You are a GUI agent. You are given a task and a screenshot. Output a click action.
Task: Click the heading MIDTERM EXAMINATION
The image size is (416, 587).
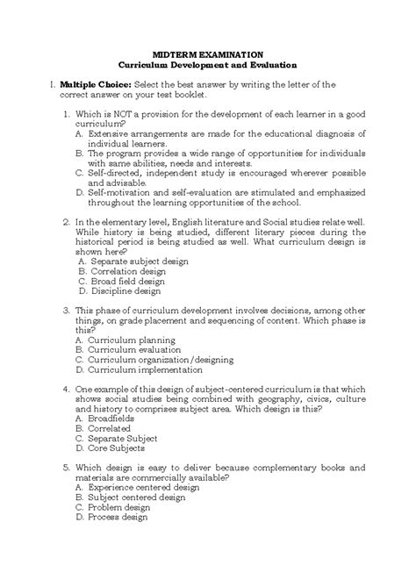click(x=208, y=54)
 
